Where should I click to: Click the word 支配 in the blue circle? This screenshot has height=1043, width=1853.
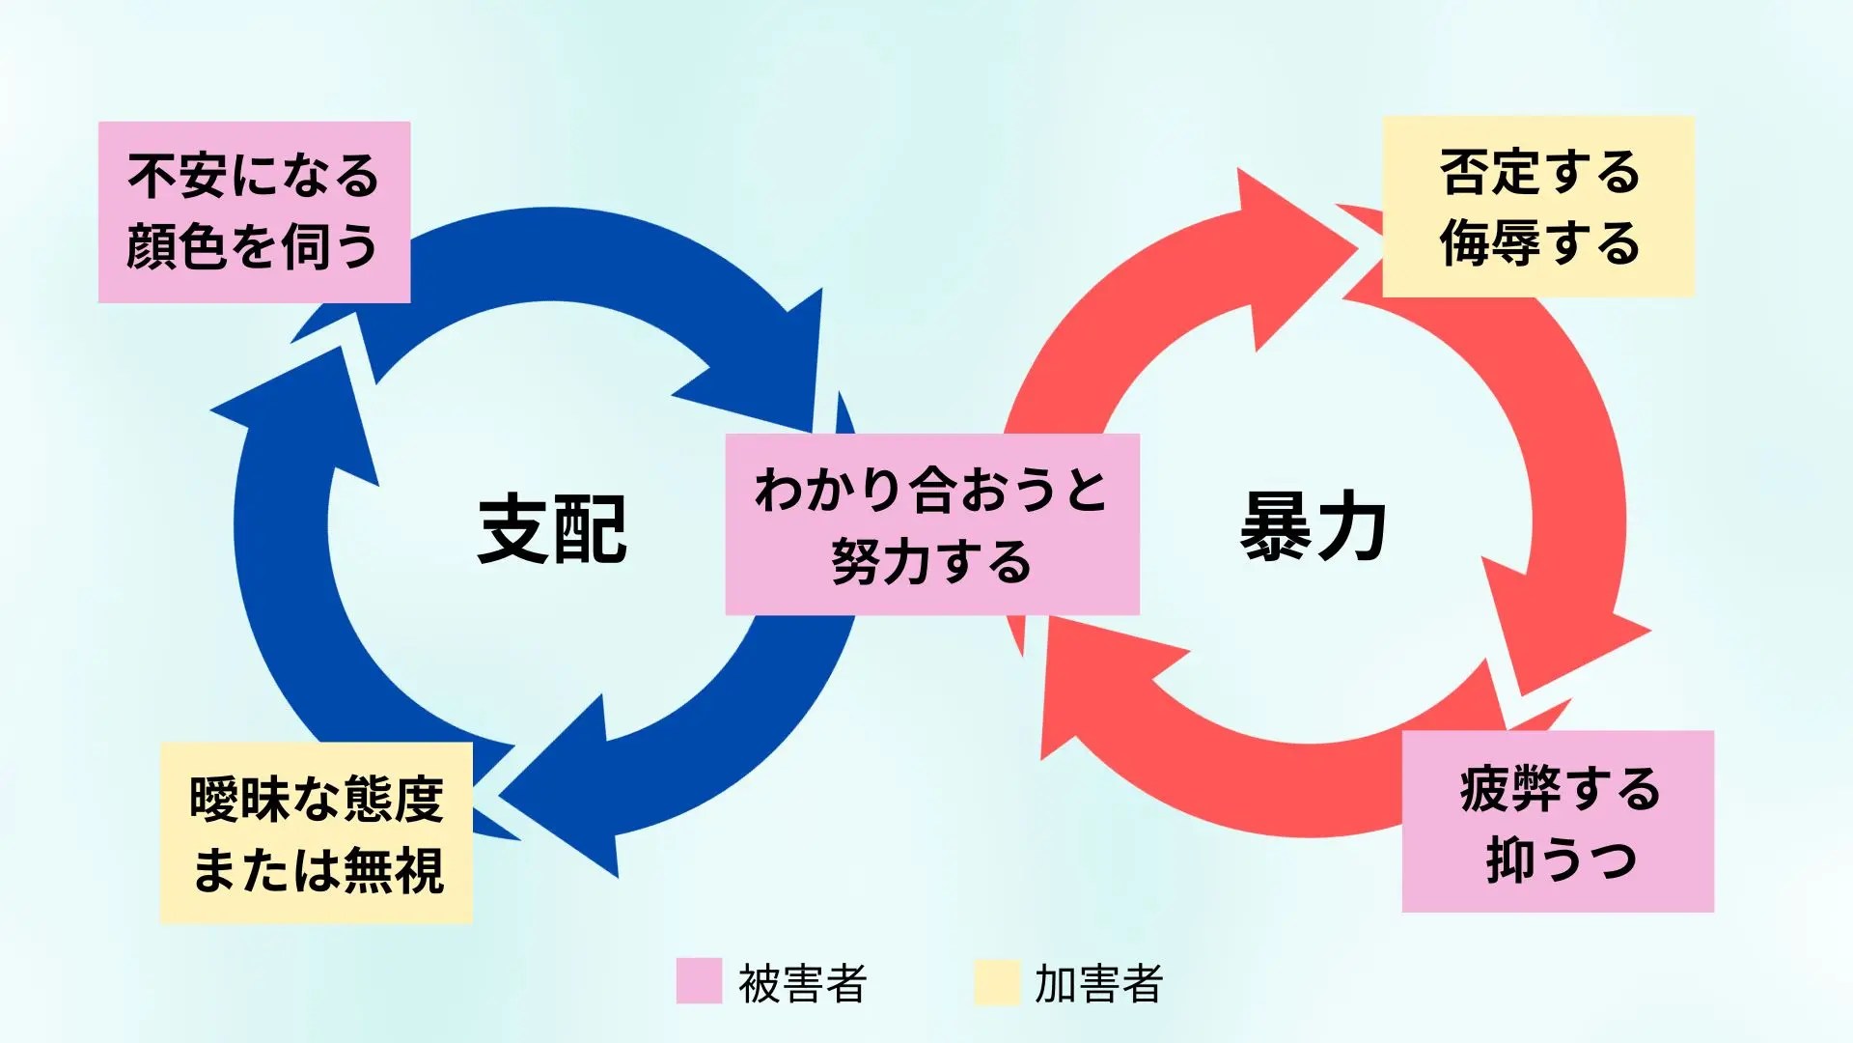(552, 529)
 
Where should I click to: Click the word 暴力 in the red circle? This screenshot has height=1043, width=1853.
(1313, 527)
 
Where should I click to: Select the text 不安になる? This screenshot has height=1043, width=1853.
(254, 177)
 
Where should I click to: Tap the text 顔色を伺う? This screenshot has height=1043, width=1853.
(253, 246)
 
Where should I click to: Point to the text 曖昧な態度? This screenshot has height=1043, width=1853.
(317, 800)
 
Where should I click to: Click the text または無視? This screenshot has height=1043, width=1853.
(318, 869)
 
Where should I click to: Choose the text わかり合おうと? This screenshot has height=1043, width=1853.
(931, 491)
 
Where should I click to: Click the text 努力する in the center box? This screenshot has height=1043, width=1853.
(931, 562)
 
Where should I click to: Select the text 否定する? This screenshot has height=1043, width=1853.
(1539, 173)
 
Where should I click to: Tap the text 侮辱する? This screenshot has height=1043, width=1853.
(1539, 242)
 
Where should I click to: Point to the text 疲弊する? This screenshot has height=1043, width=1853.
(1559, 789)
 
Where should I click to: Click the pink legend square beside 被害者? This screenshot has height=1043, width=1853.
(699, 981)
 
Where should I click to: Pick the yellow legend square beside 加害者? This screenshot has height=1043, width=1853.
(996, 981)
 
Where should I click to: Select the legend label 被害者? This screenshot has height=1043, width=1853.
(802, 983)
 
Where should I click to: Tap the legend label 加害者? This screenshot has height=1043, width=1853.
(1098, 983)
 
